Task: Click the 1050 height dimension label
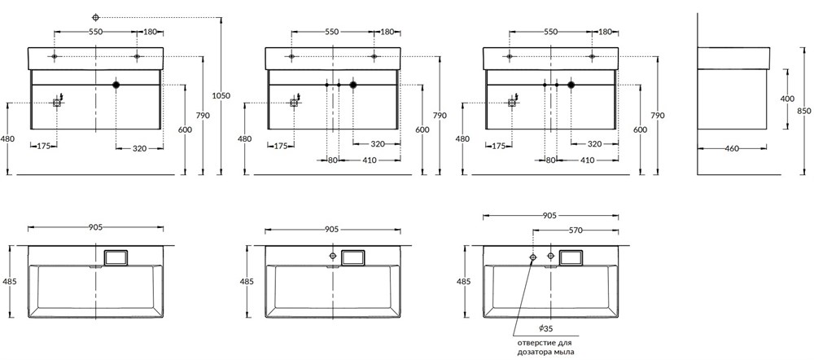[221, 95]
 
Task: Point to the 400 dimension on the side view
[786, 99]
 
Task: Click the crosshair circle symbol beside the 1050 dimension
[96, 17]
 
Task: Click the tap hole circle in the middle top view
[332, 257]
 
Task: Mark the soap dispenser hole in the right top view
[532, 257]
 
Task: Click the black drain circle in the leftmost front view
[116, 84]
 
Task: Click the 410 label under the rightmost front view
[586, 160]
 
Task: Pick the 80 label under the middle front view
[332, 160]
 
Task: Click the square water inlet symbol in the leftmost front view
[58, 103]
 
